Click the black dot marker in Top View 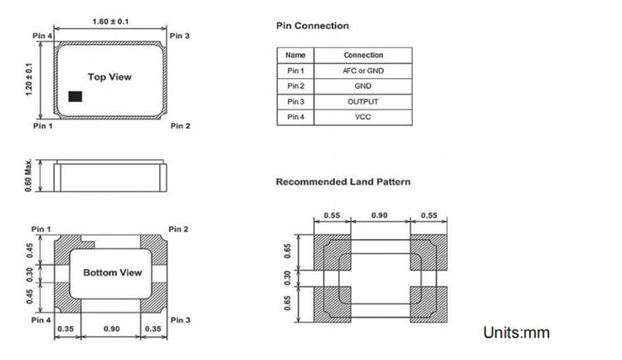point(75,96)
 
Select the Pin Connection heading point(312,26)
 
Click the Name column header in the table point(295,56)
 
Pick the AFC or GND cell point(363,71)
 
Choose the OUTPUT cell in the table point(363,101)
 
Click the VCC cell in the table point(363,117)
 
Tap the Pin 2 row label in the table point(296,86)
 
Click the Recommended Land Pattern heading point(343,182)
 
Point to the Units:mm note point(516,333)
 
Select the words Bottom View point(113,272)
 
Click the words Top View point(110,77)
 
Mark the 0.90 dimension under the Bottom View point(111,329)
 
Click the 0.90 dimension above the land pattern point(378,215)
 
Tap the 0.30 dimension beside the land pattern point(289,276)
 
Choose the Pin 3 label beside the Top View point(180,36)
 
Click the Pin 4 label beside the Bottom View point(41,319)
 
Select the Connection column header point(363,56)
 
